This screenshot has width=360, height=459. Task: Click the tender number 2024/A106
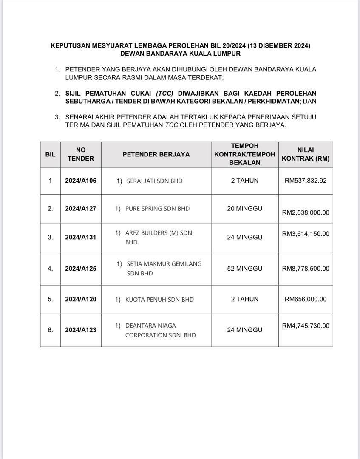[81, 181]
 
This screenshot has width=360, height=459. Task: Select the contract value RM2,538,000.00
[306, 212]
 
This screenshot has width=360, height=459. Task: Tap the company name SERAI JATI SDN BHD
[155, 181]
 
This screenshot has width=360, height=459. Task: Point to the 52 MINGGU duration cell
[245, 269]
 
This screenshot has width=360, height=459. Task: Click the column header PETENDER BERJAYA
[156, 154]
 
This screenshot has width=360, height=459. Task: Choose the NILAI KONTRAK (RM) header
[306, 154]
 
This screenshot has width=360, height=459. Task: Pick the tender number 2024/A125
[81, 269]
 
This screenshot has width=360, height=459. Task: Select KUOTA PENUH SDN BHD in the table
[159, 300]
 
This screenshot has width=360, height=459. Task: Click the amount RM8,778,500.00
[306, 269]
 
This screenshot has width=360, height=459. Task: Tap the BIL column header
[50, 154]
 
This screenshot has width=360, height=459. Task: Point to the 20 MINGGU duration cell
[245, 209]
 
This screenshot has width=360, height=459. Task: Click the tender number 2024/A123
[81, 330]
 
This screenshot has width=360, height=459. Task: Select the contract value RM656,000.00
[306, 299]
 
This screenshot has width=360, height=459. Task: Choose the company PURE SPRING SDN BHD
[157, 209]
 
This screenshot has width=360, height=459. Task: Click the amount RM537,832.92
[306, 181]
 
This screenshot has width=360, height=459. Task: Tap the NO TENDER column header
[81, 154]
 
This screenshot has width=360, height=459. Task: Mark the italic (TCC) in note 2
[164, 93]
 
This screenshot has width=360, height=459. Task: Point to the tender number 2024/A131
[81, 237]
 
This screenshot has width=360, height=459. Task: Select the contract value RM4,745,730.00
[306, 326]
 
